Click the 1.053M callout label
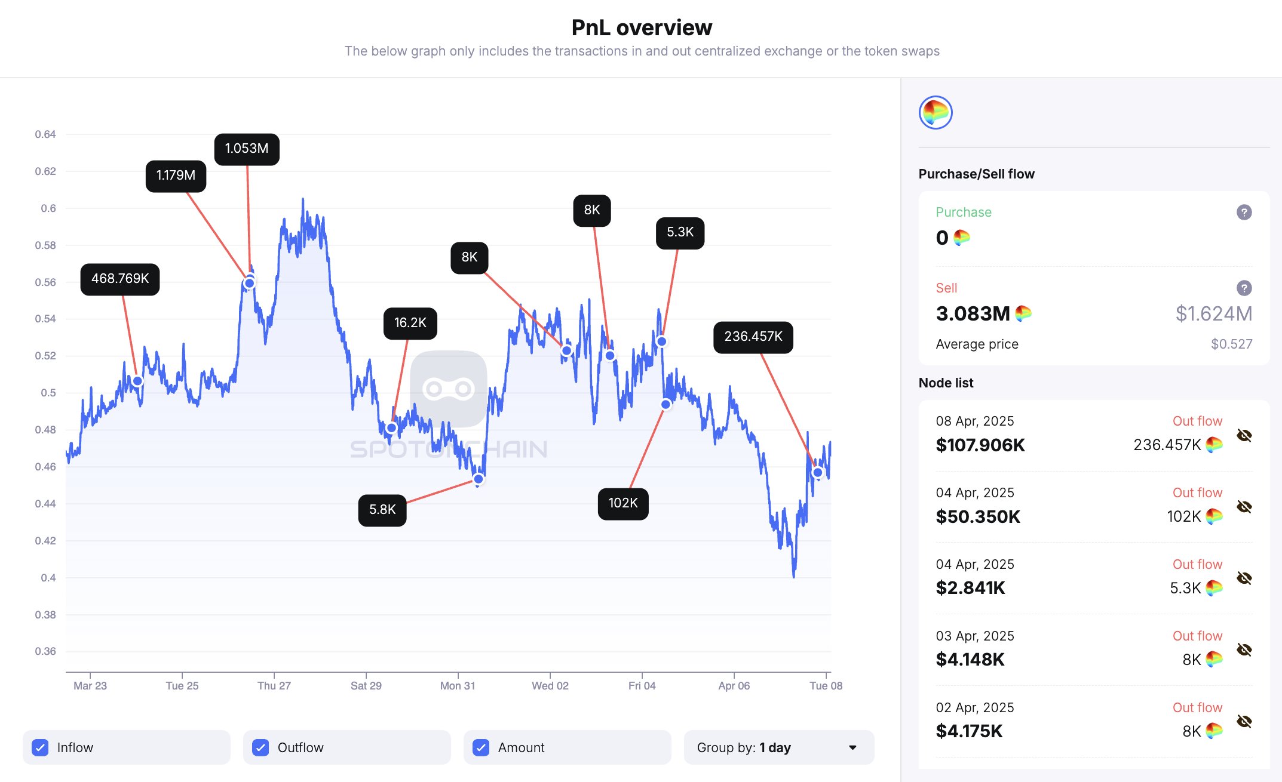(247, 149)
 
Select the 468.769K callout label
(120, 279)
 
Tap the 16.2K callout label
(410, 323)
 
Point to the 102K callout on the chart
(623, 503)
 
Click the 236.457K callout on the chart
(753, 337)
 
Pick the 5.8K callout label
(382, 510)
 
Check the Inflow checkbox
(40, 747)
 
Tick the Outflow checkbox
(260, 747)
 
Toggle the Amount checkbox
(481, 747)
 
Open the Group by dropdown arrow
(852, 747)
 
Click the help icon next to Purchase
(1244, 212)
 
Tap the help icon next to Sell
(1244, 288)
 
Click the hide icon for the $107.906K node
(1244, 435)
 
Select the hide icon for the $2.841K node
(1244, 578)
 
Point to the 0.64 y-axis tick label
(45, 134)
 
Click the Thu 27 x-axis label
(274, 686)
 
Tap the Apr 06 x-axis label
(734, 686)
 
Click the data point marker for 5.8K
(479, 479)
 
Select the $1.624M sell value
(1213, 313)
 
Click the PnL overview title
(642, 27)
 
